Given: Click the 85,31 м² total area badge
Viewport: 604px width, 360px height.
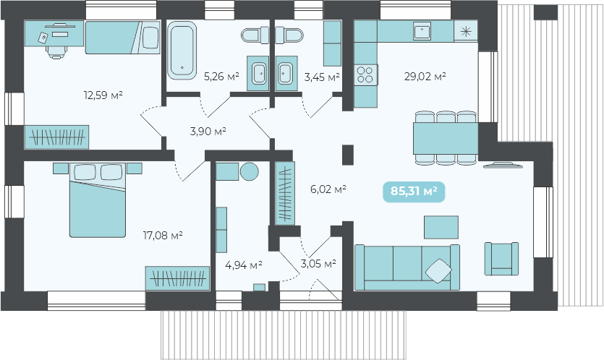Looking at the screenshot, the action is click(414, 192).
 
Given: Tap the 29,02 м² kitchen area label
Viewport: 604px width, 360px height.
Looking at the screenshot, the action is click(425, 76).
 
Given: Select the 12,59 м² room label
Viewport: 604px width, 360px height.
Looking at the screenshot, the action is click(103, 95).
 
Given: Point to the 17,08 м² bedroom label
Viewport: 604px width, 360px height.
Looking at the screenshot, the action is click(163, 235).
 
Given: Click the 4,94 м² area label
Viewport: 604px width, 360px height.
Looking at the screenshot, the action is click(244, 265).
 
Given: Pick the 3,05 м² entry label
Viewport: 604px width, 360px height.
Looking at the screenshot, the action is click(318, 263).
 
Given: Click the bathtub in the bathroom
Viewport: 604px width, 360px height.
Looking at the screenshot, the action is click(182, 51).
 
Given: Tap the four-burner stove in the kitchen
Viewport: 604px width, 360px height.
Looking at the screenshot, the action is click(365, 74).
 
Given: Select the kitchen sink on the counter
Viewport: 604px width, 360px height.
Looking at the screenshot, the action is click(422, 31).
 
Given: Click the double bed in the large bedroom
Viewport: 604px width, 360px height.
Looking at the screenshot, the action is click(98, 200).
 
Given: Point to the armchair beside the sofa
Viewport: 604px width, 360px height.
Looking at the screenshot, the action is click(501, 259).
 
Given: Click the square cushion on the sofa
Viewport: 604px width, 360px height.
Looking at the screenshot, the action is click(438, 271).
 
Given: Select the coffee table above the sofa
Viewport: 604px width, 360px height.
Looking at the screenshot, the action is click(441, 227).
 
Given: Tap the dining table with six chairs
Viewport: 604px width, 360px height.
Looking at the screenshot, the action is click(446, 138).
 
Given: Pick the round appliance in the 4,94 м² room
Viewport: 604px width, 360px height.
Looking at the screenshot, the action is click(250, 171).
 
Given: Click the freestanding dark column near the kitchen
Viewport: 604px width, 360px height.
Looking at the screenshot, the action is click(348, 155).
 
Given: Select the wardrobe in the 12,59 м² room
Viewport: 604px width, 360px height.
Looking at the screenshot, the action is click(56, 137).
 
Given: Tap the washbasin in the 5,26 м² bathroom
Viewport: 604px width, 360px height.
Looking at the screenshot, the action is click(258, 73).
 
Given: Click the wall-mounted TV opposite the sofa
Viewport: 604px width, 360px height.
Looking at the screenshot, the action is click(503, 165).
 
